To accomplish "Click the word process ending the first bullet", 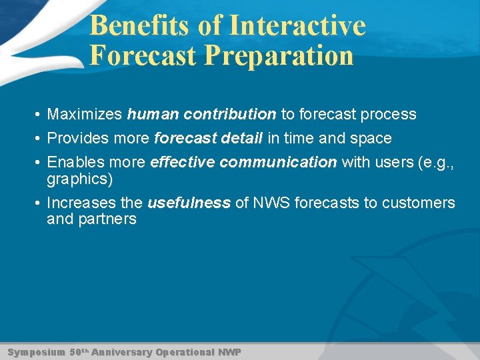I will pyautogui.click(x=388, y=115).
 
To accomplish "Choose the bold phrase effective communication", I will pyautogui.click(x=243, y=163).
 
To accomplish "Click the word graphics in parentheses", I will pyautogui.click(x=77, y=179).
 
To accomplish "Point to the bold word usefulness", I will pyautogui.click(x=189, y=203).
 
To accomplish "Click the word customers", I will pyautogui.click(x=417, y=203).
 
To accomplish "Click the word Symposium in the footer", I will pyautogui.click(x=36, y=351).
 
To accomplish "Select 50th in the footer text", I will pyautogui.click(x=79, y=351).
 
